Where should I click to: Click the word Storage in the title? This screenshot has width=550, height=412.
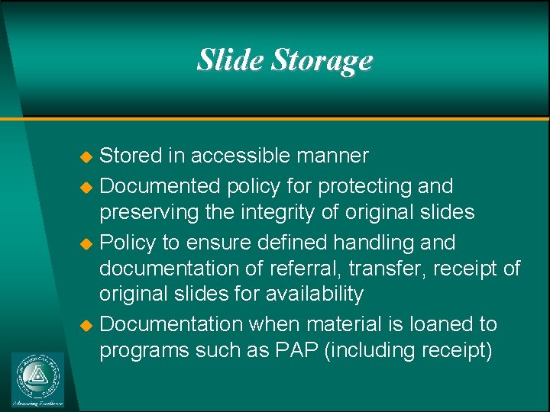[x=322, y=61]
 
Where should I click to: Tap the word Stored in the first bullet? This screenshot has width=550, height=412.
[x=131, y=156]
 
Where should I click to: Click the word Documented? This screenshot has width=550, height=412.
[x=160, y=186]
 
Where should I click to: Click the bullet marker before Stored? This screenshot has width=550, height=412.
[x=86, y=157]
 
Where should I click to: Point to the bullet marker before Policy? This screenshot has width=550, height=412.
[x=86, y=244]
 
